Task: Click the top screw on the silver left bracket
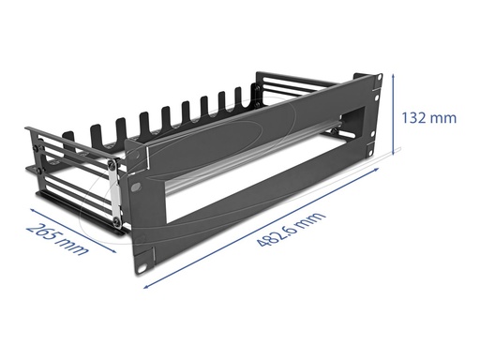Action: [x=112, y=164]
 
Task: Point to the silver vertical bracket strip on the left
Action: [x=114, y=193]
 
